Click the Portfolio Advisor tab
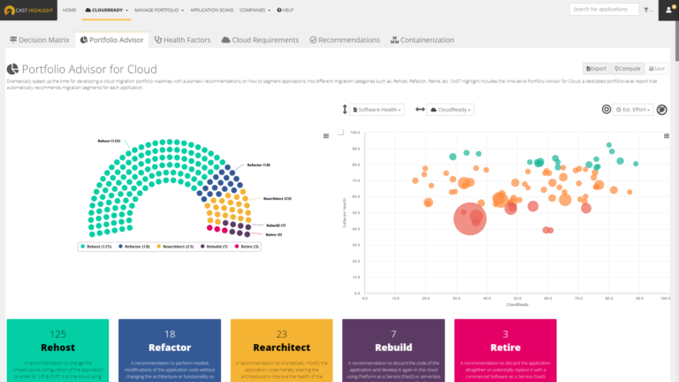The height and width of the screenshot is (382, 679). tap(111, 40)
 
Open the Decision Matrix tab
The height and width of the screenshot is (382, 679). tap(40, 40)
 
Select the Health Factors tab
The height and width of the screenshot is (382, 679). tap(184, 40)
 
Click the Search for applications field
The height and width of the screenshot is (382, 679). tap(603, 10)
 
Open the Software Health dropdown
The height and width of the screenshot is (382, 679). tap(378, 110)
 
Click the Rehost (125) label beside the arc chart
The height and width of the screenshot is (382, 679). tap(110, 141)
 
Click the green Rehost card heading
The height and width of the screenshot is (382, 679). tap(58, 348)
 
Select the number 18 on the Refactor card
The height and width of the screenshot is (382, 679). tap(170, 334)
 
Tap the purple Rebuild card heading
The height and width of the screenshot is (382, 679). tap(393, 348)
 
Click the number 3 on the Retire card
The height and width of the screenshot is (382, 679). tap(505, 334)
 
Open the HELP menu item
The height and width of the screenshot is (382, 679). tap(286, 10)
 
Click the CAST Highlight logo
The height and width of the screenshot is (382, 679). tap(29, 10)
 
